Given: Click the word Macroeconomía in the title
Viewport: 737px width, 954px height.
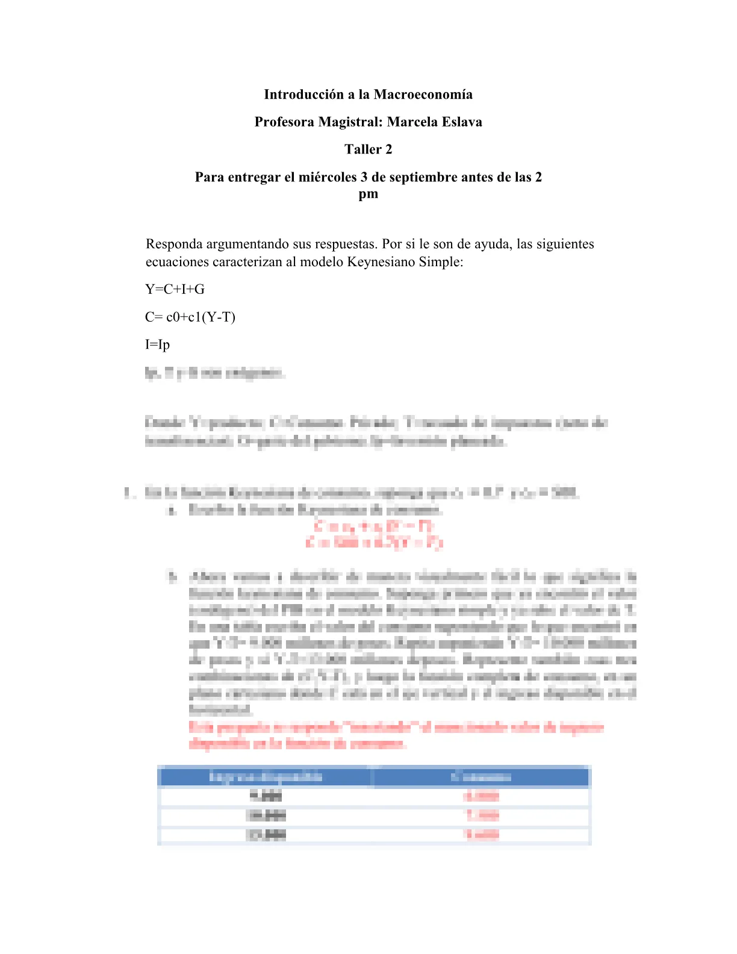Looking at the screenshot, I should pos(423,95).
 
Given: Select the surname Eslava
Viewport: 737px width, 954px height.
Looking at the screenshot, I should pos(461,122).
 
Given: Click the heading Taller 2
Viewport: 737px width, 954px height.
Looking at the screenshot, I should pos(368,149).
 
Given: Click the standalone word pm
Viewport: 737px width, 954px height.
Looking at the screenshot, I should pos(368,194).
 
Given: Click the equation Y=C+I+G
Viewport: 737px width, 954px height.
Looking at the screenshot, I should pos(175,290).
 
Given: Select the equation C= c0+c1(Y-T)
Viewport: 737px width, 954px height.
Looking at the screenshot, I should pos(190,317).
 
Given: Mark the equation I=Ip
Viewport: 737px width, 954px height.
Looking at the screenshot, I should pos(158,345).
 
